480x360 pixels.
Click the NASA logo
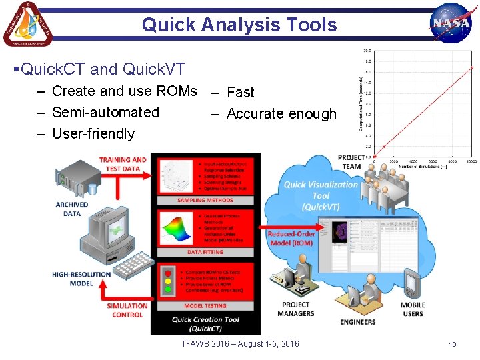[451, 24]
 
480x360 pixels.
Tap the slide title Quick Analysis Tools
[239, 25]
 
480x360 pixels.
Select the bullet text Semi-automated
[105, 112]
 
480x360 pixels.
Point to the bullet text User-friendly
[93, 133]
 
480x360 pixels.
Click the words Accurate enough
[281, 113]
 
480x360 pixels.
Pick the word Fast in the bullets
[241, 92]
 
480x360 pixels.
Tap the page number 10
[452, 344]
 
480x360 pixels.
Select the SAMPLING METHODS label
[205, 200]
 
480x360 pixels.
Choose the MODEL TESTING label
[205, 305]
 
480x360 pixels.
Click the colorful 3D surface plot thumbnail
[175, 229]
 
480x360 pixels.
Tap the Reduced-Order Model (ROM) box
[291, 238]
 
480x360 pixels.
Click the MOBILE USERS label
[413, 309]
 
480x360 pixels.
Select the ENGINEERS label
[357, 322]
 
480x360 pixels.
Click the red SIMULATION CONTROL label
[127, 310]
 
